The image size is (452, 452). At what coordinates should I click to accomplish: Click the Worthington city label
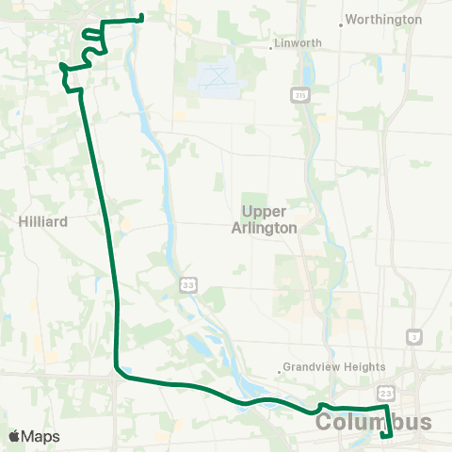click(x=386, y=19)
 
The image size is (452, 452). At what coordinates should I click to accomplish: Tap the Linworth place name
click(x=299, y=43)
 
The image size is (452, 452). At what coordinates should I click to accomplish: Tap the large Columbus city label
click(x=374, y=423)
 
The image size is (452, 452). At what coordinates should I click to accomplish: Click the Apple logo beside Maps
click(x=15, y=436)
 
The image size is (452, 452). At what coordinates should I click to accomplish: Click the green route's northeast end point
click(x=140, y=17)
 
